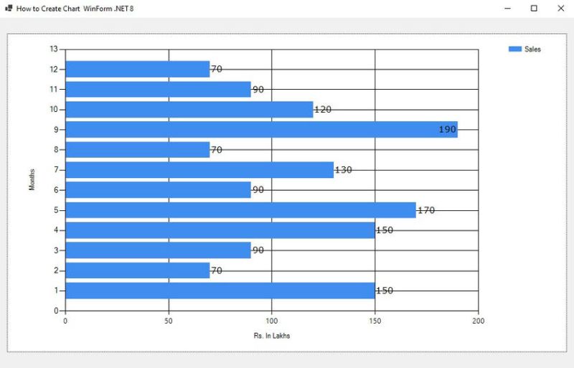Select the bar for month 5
coord(240,210)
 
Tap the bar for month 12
coord(137,70)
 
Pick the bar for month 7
coord(199,170)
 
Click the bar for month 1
coord(220,291)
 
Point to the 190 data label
coord(448,130)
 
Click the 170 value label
coord(425,210)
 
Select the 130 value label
coord(344,170)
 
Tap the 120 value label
coord(323,110)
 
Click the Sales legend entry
coord(524,49)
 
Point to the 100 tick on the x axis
coord(272,321)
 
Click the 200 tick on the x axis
coord(479,321)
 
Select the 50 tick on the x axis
coord(169,321)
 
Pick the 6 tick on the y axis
coord(56,190)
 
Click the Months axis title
coord(32,180)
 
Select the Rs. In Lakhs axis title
coord(272,335)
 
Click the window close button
coord(560,8)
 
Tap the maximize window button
coord(534,8)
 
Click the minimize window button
coord(507,8)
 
